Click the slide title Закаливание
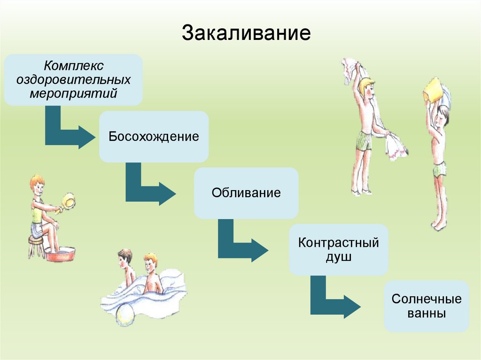point(247,33)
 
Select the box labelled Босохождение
point(154,137)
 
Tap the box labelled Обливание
point(246,193)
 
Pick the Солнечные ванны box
point(427,306)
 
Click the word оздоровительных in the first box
point(73,78)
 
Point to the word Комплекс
point(73,64)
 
